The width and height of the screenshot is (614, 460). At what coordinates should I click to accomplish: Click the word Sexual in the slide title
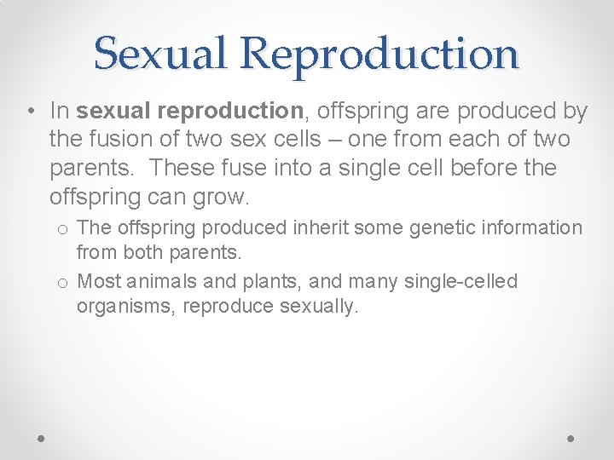[161, 53]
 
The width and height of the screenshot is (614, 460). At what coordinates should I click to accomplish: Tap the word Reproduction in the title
[379, 53]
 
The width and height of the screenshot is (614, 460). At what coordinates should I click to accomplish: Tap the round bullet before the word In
[29, 112]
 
